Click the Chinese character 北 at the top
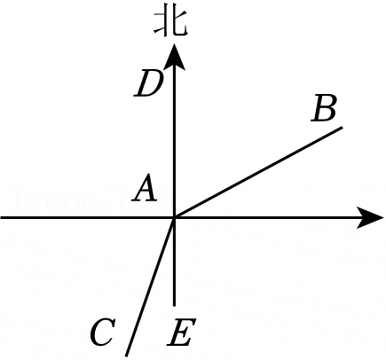(170, 24)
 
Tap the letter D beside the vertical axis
(149, 85)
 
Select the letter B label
(324, 108)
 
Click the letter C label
(102, 333)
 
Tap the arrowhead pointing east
(370, 218)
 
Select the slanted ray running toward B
(258, 172)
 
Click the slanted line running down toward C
(150, 286)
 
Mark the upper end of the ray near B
(342, 127)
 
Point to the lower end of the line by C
(127, 356)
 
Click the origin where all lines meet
(174, 218)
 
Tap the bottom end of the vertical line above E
(174, 305)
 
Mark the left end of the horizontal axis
(1, 218)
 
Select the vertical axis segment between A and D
(174, 144)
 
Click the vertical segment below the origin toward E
(174, 262)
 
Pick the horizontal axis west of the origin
(87, 218)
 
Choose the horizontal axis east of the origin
(266, 218)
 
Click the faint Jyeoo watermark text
(89, 200)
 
